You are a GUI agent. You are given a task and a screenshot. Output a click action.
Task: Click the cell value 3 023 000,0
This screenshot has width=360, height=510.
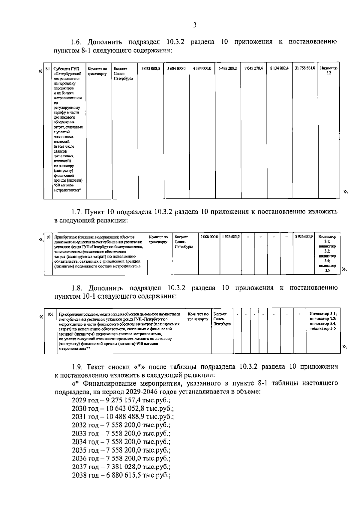[151, 69]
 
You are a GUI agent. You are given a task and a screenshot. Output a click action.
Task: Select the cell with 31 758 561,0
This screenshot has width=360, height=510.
[305, 69]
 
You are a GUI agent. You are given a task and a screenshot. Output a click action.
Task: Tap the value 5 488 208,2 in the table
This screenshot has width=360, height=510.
[228, 69]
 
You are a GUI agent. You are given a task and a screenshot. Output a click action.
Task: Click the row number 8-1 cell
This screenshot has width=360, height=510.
[48, 69]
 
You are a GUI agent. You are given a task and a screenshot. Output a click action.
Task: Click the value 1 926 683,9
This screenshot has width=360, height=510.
[231, 237]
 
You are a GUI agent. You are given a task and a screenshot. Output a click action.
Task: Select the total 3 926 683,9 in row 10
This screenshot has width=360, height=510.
[304, 237]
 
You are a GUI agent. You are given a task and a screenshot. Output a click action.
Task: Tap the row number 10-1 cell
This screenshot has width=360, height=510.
[50, 314]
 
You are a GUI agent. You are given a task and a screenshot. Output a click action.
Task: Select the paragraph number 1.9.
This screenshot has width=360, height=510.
[77, 367]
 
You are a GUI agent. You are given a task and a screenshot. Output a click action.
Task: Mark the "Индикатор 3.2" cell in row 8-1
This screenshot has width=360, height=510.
[328, 71]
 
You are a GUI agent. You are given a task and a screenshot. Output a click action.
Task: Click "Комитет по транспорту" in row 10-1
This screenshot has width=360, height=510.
[198, 317]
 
